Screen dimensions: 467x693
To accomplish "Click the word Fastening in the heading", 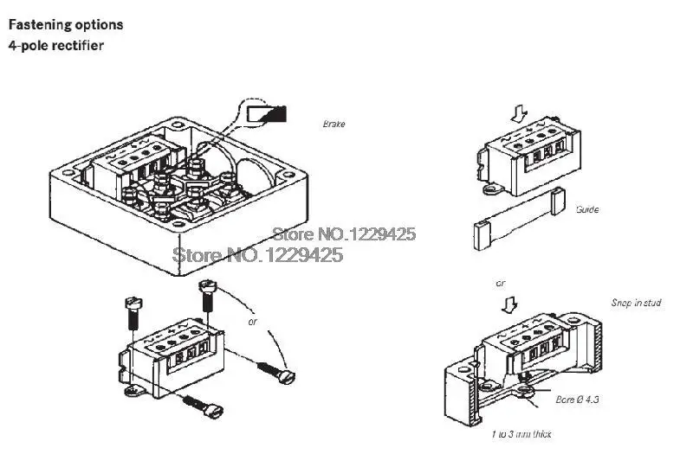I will pyautogui.click(x=40, y=25).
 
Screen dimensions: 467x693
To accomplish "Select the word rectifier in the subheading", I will pyautogui.click(x=76, y=45).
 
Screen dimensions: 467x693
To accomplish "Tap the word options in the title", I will pyautogui.click(x=99, y=25).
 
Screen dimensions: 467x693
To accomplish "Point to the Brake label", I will pyautogui.click(x=334, y=125).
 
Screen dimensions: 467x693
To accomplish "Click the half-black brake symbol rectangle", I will pyautogui.click(x=267, y=113).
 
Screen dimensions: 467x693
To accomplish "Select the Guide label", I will pyautogui.click(x=586, y=210).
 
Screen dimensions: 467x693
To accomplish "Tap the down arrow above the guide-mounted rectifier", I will pyautogui.click(x=518, y=113).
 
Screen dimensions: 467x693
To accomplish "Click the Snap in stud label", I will pyautogui.click(x=636, y=304).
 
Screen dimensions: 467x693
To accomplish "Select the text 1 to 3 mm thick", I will pyautogui.click(x=521, y=434).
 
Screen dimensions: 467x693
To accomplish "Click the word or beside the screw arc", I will pyautogui.click(x=253, y=323).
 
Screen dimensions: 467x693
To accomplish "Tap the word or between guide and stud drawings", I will pyautogui.click(x=500, y=283).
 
